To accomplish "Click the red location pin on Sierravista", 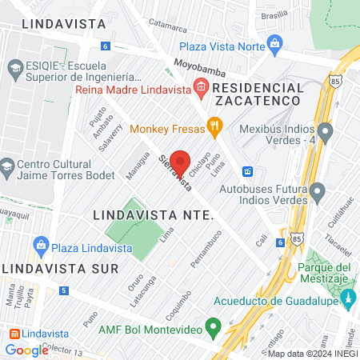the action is (x=180, y=162).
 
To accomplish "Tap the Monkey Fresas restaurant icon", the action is (x=214, y=125).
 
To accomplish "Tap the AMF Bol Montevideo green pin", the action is (x=213, y=327).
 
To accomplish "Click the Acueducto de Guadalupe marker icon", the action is (x=347, y=300).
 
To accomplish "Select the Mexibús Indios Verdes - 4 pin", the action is (x=325, y=130).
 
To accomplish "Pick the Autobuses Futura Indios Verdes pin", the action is (x=318, y=192).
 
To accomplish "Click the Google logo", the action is (x=26, y=350).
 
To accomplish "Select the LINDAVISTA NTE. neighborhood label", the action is (x=152, y=215).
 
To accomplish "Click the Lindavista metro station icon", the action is (x=12, y=333).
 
